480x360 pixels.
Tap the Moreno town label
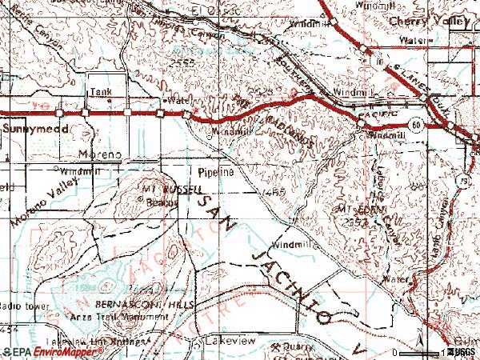[99, 152]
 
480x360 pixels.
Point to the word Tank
[99, 92]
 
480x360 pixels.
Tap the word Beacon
[161, 202]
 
